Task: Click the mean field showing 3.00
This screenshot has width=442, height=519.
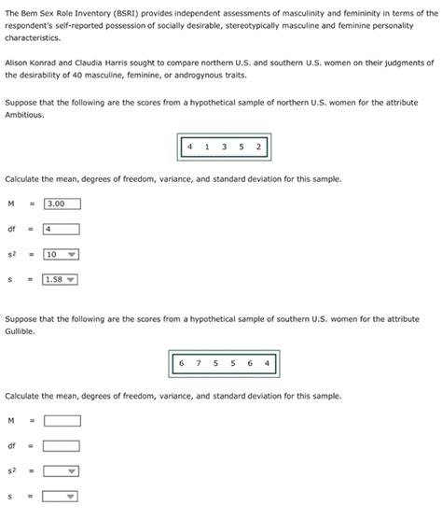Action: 62,203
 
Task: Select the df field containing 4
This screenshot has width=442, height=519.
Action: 62,228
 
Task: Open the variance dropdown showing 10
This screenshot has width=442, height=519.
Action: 62,253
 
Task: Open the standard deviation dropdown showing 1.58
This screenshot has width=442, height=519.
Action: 62,278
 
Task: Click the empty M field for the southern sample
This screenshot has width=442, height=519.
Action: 62,420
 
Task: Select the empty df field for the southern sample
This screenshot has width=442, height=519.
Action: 62,445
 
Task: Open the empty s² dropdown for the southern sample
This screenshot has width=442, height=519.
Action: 62,470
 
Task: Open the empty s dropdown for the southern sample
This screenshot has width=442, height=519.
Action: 62,496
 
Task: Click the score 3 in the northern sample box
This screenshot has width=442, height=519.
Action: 224,147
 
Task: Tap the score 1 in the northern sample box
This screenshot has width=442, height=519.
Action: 207,147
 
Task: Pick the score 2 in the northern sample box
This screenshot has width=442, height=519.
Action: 258,147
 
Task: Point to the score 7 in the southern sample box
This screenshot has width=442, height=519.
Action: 199,363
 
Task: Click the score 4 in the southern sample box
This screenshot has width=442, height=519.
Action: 267,363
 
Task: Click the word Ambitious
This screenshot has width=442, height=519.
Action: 24,114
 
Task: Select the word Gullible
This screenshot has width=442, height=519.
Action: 21,330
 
